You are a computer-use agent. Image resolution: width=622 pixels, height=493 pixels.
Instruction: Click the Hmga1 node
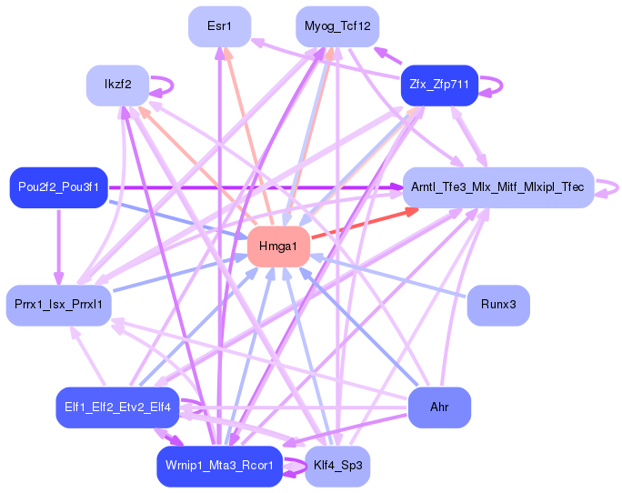pyautogui.click(x=278, y=246)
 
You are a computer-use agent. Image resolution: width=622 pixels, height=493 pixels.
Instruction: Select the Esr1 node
pyautogui.click(x=219, y=26)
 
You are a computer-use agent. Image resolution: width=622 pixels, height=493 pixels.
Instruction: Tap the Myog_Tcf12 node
pyautogui.click(x=337, y=26)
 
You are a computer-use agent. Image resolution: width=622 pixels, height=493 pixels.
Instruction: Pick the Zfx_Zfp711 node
pyautogui.click(x=439, y=85)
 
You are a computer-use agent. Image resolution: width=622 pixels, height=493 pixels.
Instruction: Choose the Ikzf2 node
pyautogui.click(x=117, y=85)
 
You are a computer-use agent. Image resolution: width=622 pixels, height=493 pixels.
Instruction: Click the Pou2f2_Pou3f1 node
pyautogui.click(x=58, y=187)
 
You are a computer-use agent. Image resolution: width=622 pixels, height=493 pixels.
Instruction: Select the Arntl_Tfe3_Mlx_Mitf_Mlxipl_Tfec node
pyautogui.click(x=497, y=187)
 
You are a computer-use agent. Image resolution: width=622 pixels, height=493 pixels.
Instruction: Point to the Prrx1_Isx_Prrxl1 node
pyautogui.click(x=58, y=304)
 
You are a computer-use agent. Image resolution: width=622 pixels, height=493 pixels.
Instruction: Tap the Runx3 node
pyautogui.click(x=497, y=304)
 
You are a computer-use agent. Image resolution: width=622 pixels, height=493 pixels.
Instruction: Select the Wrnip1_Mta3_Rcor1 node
pyautogui.click(x=219, y=466)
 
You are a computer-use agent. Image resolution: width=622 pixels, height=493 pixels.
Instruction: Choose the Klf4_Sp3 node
pyautogui.click(x=337, y=466)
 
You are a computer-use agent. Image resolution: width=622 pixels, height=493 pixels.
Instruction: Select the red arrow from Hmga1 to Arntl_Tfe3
pyautogui.click(x=364, y=226)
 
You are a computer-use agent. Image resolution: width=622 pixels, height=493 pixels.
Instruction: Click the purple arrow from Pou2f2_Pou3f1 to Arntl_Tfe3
pyautogui.click(x=255, y=187)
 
